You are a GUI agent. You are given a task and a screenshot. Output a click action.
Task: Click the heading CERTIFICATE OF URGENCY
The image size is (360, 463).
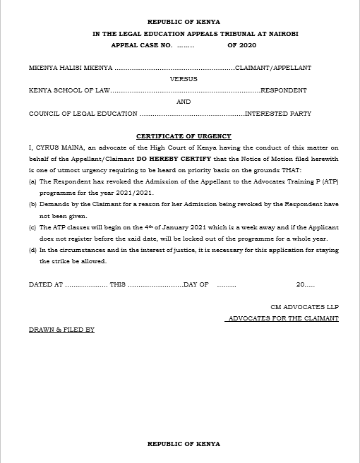[x=184, y=136]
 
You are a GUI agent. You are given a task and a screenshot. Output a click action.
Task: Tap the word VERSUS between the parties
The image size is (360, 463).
[x=184, y=79]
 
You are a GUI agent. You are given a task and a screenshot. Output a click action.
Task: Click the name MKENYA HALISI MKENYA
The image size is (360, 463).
[x=70, y=68]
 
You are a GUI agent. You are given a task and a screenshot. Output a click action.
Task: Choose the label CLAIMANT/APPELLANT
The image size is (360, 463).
[x=273, y=68]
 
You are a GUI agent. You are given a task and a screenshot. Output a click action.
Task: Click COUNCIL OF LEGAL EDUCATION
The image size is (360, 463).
[x=83, y=114]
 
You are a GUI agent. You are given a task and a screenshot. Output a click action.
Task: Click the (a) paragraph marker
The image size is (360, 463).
[x=32, y=181]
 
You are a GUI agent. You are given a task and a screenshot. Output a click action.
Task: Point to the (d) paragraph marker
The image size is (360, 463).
[x=32, y=249]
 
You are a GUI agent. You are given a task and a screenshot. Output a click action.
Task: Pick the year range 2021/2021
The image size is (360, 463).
[x=138, y=192]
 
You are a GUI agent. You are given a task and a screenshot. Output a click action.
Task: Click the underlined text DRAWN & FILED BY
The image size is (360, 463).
[x=61, y=330]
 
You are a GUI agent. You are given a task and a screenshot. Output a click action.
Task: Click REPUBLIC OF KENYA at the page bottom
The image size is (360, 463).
[x=184, y=444]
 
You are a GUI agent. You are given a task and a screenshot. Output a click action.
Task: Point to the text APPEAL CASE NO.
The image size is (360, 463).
[x=141, y=45]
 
